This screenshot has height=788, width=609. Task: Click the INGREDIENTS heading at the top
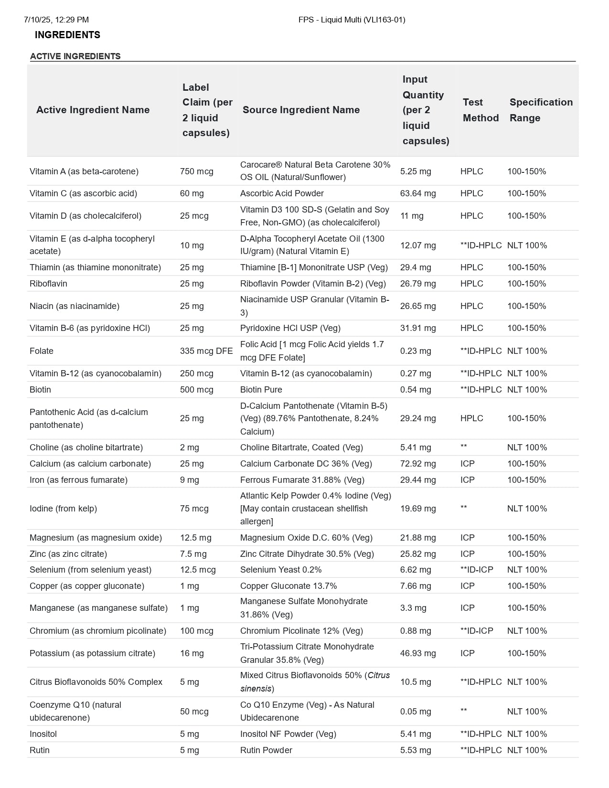click(x=67, y=35)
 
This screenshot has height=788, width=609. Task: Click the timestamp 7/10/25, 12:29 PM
click(x=56, y=20)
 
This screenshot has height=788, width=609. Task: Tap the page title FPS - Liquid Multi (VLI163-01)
click(x=352, y=20)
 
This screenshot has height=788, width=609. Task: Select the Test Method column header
click(x=481, y=110)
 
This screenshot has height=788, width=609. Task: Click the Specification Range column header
click(x=541, y=110)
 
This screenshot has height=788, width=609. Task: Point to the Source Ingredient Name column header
click(x=301, y=110)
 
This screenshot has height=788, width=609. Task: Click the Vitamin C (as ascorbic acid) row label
click(x=83, y=193)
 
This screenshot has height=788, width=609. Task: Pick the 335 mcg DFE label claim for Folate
click(x=206, y=351)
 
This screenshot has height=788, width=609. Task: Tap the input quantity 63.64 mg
click(x=418, y=193)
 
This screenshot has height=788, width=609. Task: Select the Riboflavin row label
click(x=48, y=284)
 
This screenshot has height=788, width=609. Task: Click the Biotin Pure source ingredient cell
click(x=261, y=390)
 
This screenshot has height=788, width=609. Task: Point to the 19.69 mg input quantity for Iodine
click(x=418, y=509)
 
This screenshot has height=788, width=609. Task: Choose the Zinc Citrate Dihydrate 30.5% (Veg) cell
click(x=307, y=554)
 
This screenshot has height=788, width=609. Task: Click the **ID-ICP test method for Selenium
click(x=477, y=570)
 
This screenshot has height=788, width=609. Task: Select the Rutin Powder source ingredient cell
click(x=266, y=750)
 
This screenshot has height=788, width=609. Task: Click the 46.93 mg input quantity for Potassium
click(x=418, y=653)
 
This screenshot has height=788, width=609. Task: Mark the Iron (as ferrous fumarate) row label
click(x=78, y=480)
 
